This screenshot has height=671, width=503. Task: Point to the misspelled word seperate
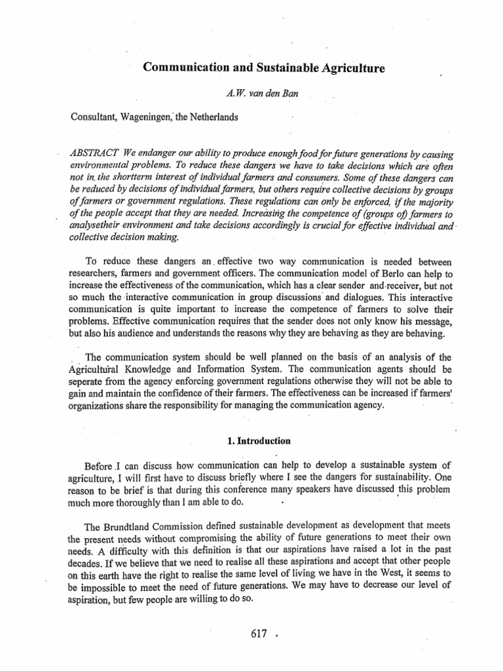pyautogui.click(x=90, y=381)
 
